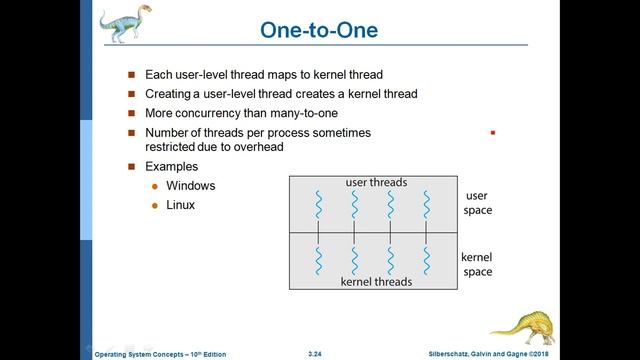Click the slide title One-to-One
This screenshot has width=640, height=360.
click(x=319, y=30)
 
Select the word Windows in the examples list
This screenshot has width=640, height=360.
click(x=190, y=186)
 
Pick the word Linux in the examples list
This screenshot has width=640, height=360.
click(x=180, y=205)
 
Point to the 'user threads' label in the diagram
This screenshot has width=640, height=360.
click(x=375, y=182)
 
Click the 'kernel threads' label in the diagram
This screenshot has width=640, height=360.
click(x=376, y=282)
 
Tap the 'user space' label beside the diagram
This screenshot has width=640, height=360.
click(x=477, y=203)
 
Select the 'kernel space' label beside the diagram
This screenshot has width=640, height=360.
click(x=477, y=264)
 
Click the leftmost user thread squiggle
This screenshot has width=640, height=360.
click(x=318, y=205)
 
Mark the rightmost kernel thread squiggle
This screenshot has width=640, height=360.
click(x=426, y=260)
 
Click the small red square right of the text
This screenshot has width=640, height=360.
click(x=492, y=132)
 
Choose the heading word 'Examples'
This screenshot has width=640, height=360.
click(x=171, y=166)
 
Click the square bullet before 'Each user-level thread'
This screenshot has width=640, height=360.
click(x=130, y=75)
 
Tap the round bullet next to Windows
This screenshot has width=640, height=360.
click(x=154, y=187)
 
